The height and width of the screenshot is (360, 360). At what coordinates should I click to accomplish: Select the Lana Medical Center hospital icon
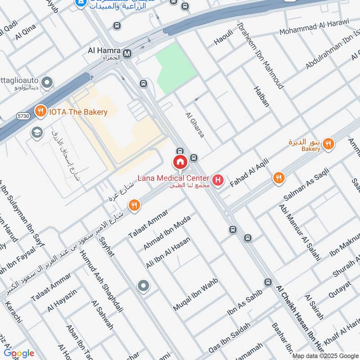point(218,180)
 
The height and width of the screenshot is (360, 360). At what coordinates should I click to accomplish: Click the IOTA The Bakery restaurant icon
point(40,111)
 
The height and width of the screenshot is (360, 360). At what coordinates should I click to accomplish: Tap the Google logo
point(18,353)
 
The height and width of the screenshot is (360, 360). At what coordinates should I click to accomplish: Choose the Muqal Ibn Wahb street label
point(196,295)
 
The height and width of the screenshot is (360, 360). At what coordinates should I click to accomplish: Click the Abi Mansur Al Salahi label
point(299,232)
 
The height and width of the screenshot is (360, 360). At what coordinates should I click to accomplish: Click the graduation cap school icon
point(36,132)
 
